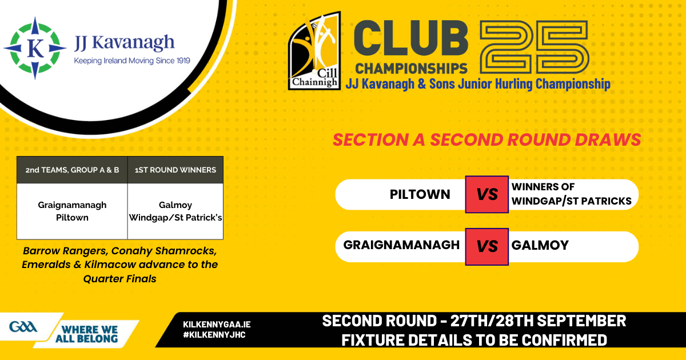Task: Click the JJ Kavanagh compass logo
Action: coord(35,48)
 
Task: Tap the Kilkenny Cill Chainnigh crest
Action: coord(314,51)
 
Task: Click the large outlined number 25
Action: coord(534,47)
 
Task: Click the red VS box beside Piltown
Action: coord(486,194)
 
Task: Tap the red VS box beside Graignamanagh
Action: coord(486,246)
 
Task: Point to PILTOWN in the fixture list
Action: coord(420,194)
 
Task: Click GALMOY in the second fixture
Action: coord(540,245)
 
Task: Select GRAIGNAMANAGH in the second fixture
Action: coord(401,245)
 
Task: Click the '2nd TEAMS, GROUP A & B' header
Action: coord(72,170)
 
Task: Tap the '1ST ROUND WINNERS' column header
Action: coord(176,170)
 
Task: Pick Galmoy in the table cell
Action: coord(176,205)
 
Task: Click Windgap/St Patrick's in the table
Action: coord(176,217)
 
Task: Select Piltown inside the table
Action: coord(72,217)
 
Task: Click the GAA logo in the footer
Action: coord(23,327)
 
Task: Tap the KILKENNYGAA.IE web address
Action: coord(217,325)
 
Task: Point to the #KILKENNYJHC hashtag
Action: coord(214,335)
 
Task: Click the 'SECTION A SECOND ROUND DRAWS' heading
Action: coord(486,139)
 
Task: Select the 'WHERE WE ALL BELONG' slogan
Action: coord(87,334)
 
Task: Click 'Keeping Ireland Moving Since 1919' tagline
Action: coord(132,61)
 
